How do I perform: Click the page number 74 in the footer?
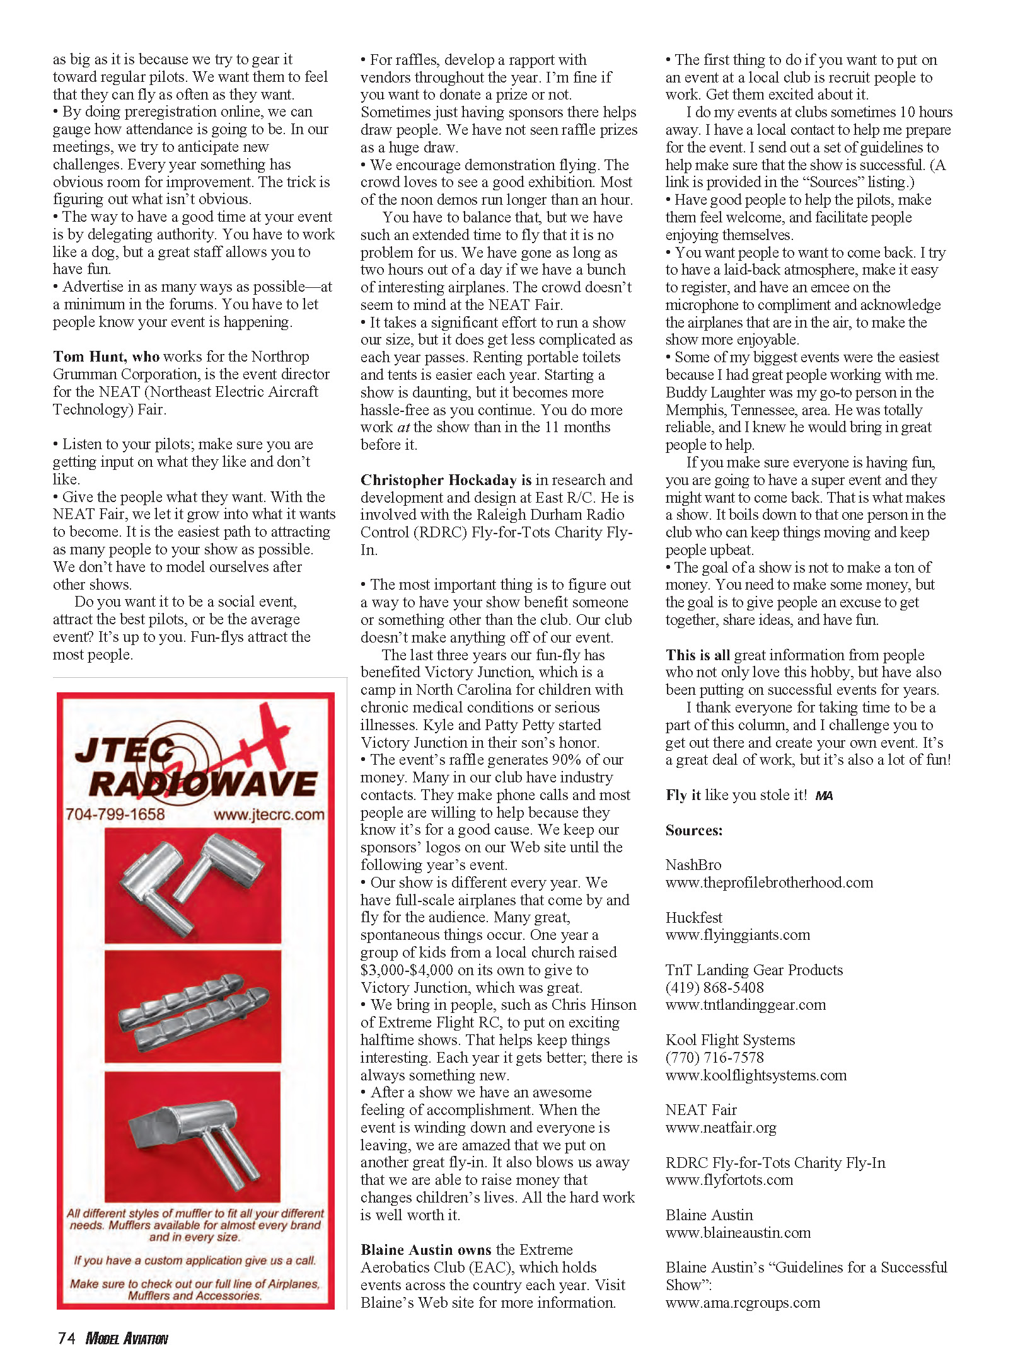67,1338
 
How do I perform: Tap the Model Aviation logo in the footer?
127,1339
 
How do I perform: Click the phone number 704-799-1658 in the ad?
115,814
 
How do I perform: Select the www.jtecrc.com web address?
269,815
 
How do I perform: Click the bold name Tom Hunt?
89,357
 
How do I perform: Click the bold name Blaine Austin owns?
425,1250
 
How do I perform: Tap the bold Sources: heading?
694,830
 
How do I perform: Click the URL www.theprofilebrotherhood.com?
769,883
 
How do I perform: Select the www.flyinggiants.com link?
738,935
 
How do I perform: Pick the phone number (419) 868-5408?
714,988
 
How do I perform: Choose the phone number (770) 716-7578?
714,1058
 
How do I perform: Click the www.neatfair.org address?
721,1128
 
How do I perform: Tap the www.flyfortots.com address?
729,1180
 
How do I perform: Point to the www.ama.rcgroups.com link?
743,1303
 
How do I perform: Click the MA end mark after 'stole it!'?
824,796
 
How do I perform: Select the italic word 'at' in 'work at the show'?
403,428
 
